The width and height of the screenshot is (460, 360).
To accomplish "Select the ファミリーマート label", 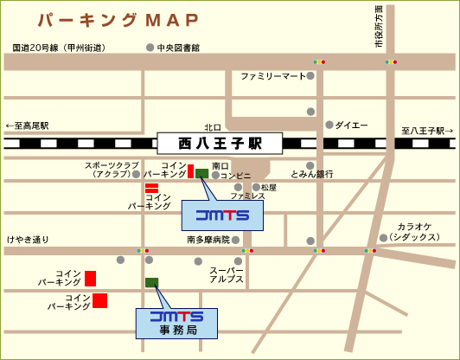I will pyautogui.click(x=273, y=76).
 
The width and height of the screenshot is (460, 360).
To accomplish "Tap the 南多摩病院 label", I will pyautogui.click(x=208, y=239).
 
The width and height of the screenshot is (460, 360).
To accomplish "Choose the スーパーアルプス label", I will pyautogui.click(x=227, y=276).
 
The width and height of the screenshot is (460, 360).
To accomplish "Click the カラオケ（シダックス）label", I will pyautogui.click(x=419, y=231).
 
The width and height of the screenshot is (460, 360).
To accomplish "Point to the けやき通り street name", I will pyautogui.click(x=28, y=239).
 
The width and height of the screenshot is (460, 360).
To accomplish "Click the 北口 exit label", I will pyautogui.click(x=213, y=125).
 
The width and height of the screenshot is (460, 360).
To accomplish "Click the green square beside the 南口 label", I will pyautogui.click(x=201, y=173).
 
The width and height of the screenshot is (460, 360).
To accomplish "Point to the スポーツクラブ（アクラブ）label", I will pyautogui.click(x=112, y=169).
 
